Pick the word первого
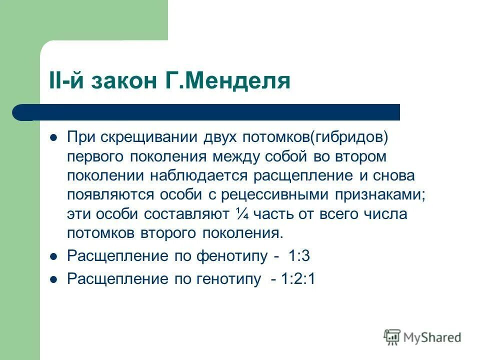coord(96,156)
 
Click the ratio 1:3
coord(299,256)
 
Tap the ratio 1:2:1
coord(298,279)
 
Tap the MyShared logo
coord(422,337)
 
